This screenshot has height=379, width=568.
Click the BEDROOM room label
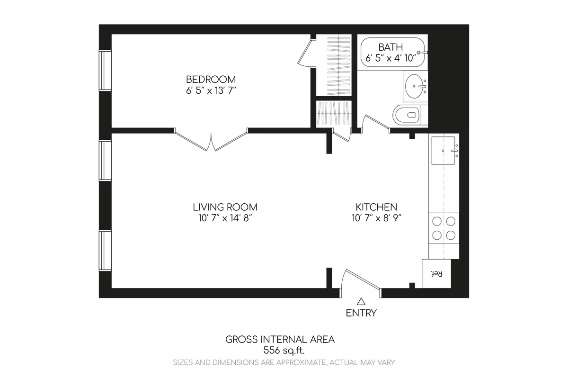tap(211, 79)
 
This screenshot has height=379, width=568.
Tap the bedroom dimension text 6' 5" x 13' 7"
tap(211, 90)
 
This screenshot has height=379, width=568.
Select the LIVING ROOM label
tap(225, 207)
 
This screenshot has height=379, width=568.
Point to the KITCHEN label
tap(376, 207)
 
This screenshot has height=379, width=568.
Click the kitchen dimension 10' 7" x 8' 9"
tap(376, 218)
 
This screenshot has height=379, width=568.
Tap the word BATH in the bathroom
tap(390, 47)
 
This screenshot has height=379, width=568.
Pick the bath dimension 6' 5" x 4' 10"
tap(390, 58)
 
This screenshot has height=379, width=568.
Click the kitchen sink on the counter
tap(444, 150)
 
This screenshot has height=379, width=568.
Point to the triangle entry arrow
tap(361, 301)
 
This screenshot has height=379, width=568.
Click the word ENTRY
tap(361, 313)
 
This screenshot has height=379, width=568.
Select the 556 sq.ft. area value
tap(284, 351)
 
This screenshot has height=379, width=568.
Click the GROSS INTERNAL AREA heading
tap(280, 339)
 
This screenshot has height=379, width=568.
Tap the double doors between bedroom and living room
tap(212, 140)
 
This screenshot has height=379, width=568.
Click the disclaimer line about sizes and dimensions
tap(284, 362)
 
